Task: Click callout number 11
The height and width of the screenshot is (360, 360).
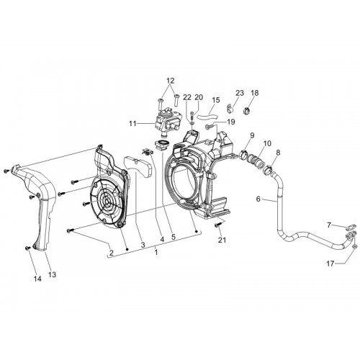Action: point(132,124)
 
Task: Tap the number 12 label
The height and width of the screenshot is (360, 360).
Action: point(170,81)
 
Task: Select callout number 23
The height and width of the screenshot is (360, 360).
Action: point(240,93)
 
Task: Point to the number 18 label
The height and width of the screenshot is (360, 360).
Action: point(255,93)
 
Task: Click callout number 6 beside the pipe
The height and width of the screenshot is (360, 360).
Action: point(258,199)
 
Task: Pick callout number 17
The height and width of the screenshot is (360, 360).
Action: point(330,264)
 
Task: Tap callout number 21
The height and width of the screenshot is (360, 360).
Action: point(222,240)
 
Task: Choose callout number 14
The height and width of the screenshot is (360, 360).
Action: point(37,279)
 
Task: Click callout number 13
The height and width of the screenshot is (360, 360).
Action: point(52,274)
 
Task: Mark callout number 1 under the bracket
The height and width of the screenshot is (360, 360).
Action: point(156,252)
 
